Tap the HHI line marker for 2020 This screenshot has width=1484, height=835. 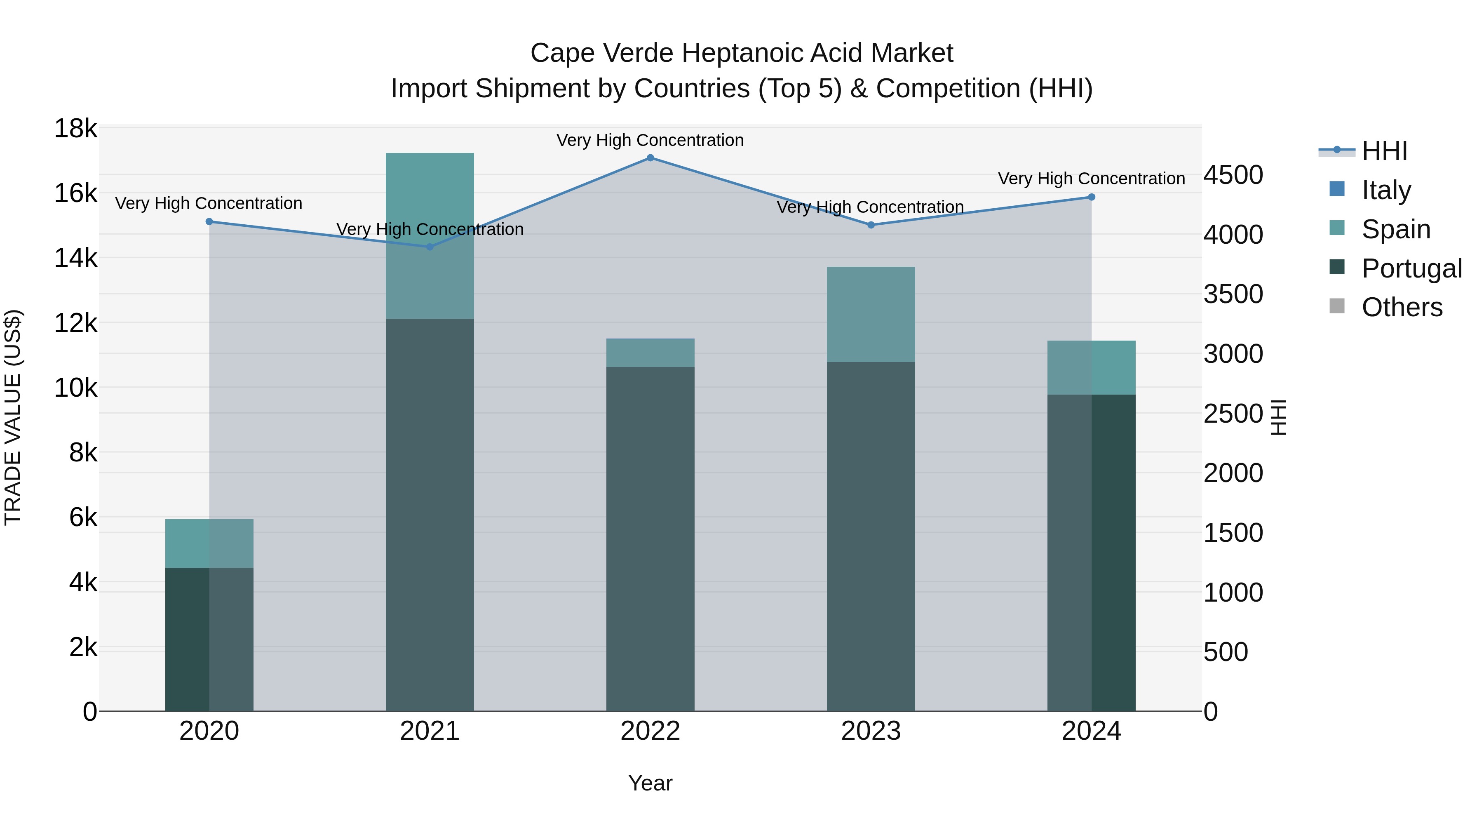click(x=209, y=222)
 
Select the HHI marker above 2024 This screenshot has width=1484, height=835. click(x=1091, y=197)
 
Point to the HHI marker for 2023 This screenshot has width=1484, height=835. click(x=871, y=225)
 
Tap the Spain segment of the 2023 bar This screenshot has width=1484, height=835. click(x=871, y=315)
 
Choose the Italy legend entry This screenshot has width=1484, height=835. click(x=1385, y=190)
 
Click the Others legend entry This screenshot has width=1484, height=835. click(x=1402, y=307)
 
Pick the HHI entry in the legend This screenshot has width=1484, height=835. click(x=1384, y=151)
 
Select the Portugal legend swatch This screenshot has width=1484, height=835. click(x=1336, y=267)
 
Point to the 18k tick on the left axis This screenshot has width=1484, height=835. click(x=75, y=129)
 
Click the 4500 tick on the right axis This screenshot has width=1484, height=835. click(x=1233, y=175)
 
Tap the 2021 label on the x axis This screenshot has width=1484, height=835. click(x=430, y=731)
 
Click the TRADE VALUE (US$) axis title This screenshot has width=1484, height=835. click(x=13, y=417)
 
